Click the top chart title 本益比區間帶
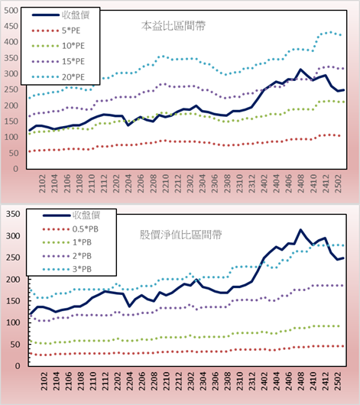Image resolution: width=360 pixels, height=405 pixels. click(x=174, y=26)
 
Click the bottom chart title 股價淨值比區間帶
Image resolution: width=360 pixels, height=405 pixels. click(x=180, y=235)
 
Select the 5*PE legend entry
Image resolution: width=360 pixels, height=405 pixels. click(x=56, y=31)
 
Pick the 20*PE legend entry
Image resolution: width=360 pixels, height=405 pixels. click(x=58, y=77)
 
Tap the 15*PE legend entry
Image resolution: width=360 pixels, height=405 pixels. click(x=58, y=61)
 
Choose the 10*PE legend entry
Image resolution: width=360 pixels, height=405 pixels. click(x=58, y=46)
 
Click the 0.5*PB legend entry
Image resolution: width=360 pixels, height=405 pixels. click(x=70, y=229)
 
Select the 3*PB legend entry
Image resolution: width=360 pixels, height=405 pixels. click(x=67, y=269)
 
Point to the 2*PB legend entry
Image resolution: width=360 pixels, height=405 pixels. click(x=67, y=256)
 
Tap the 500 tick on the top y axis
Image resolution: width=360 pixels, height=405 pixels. click(x=11, y=11)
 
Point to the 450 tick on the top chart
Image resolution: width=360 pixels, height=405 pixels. click(x=11, y=26)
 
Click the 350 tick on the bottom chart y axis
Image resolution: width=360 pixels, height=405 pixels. click(x=13, y=214)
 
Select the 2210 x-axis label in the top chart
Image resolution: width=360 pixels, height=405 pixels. click(x=165, y=183)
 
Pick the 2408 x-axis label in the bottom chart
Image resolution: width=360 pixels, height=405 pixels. click(x=301, y=381)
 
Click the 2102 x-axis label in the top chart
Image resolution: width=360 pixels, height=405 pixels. click(x=42, y=183)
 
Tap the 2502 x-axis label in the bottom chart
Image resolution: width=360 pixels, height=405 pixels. click(x=338, y=381)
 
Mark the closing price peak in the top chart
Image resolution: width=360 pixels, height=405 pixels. click(x=300, y=70)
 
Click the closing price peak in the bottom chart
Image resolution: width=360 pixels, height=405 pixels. click(x=300, y=229)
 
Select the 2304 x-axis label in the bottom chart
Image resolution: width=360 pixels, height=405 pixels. click(x=203, y=381)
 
